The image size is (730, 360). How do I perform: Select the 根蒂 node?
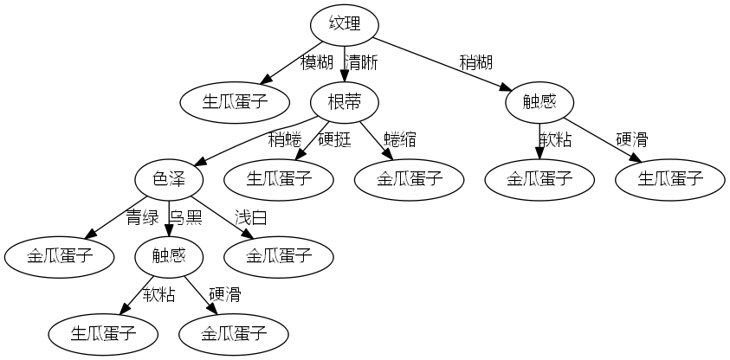[x=344, y=103]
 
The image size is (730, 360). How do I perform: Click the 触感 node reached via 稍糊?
[x=539, y=103]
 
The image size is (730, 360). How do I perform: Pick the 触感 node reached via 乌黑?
[x=170, y=255]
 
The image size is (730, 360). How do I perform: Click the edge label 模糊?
[x=317, y=63]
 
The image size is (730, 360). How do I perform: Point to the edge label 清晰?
[x=362, y=63]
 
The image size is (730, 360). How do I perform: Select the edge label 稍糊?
[x=476, y=63]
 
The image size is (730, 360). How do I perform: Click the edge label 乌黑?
[x=185, y=216]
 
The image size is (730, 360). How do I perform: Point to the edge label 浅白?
[x=250, y=216]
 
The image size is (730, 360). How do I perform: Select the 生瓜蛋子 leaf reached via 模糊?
[x=235, y=103]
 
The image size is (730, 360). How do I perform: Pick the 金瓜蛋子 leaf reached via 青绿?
[x=59, y=255]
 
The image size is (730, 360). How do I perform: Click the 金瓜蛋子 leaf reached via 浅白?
[x=278, y=255]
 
